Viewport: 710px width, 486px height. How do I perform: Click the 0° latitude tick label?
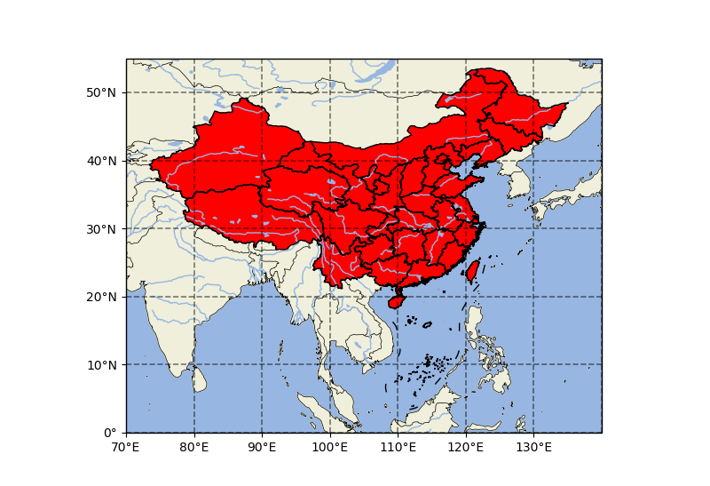[112, 433]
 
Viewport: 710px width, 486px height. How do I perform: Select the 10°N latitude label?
[102, 364]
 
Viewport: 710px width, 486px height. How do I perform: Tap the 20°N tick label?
[102, 297]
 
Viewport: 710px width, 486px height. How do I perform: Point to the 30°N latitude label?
[102, 228]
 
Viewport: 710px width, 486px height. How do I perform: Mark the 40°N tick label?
[102, 161]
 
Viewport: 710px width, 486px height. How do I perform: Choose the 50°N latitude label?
[102, 92]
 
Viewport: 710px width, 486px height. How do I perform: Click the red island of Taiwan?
[472, 271]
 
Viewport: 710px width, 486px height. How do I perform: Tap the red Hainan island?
[396, 301]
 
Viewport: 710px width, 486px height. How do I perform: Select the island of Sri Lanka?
[199, 379]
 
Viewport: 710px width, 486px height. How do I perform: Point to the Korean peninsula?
[517, 182]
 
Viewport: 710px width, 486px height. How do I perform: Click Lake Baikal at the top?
[384, 69]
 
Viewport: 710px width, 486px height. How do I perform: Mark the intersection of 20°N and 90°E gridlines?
[262, 297]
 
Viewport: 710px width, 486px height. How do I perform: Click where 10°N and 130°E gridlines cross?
[533, 364]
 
